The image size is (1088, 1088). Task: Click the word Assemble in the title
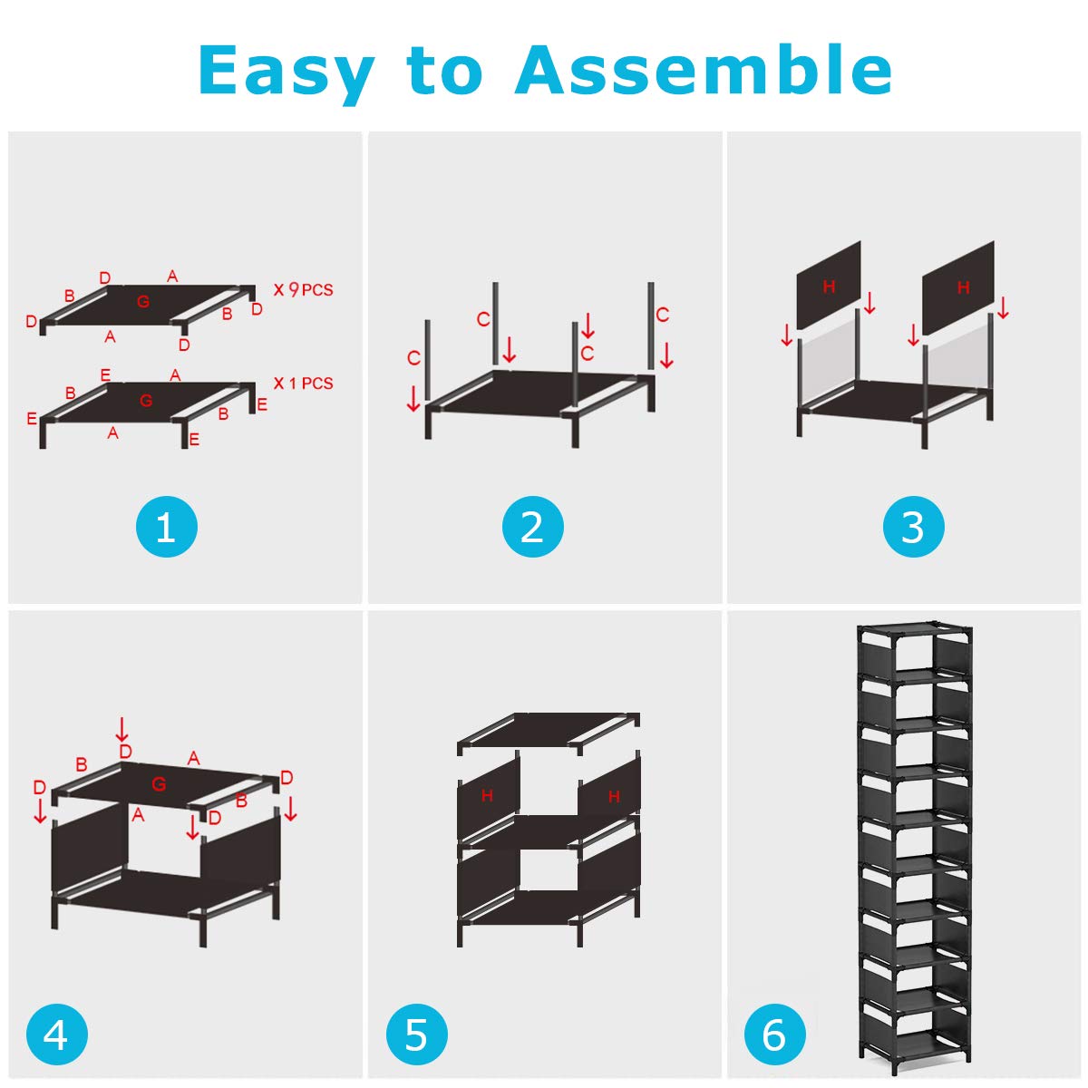pyautogui.click(x=704, y=71)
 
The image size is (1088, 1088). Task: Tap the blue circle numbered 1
pyautogui.click(x=166, y=527)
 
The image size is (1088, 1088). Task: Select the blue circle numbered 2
pyautogui.click(x=532, y=527)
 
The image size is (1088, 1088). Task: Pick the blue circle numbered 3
pyautogui.click(x=913, y=527)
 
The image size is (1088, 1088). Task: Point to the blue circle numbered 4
pyautogui.click(x=56, y=1035)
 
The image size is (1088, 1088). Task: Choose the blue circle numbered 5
pyautogui.click(x=416, y=1035)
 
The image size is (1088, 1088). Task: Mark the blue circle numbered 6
pyautogui.click(x=774, y=1035)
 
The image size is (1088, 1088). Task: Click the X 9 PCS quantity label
pyautogui.click(x=303, y=290)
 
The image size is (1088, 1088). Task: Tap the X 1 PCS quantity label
pyautogui.click(x=303, y=384)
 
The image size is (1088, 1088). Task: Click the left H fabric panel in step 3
pyautogui.click(x=829, y=287)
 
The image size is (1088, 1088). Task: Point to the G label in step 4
pyautogui.click(x=159, y=784)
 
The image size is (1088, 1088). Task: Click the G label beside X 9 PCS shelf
pyautogui.click(x=143, y=301)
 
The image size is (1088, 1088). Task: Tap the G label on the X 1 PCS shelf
pyautogui.click(x=146, y=400)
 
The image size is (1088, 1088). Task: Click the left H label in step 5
pyautogui.click(x=487, y=795)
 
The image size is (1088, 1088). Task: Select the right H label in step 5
pyautogui.click(x=614, y=797)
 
